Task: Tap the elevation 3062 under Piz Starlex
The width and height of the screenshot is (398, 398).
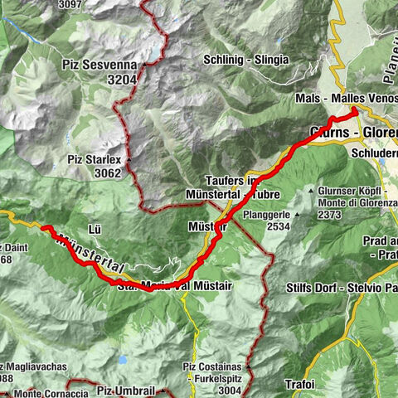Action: coord(106,173)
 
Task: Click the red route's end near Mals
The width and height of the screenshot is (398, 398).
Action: coord(355,110)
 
